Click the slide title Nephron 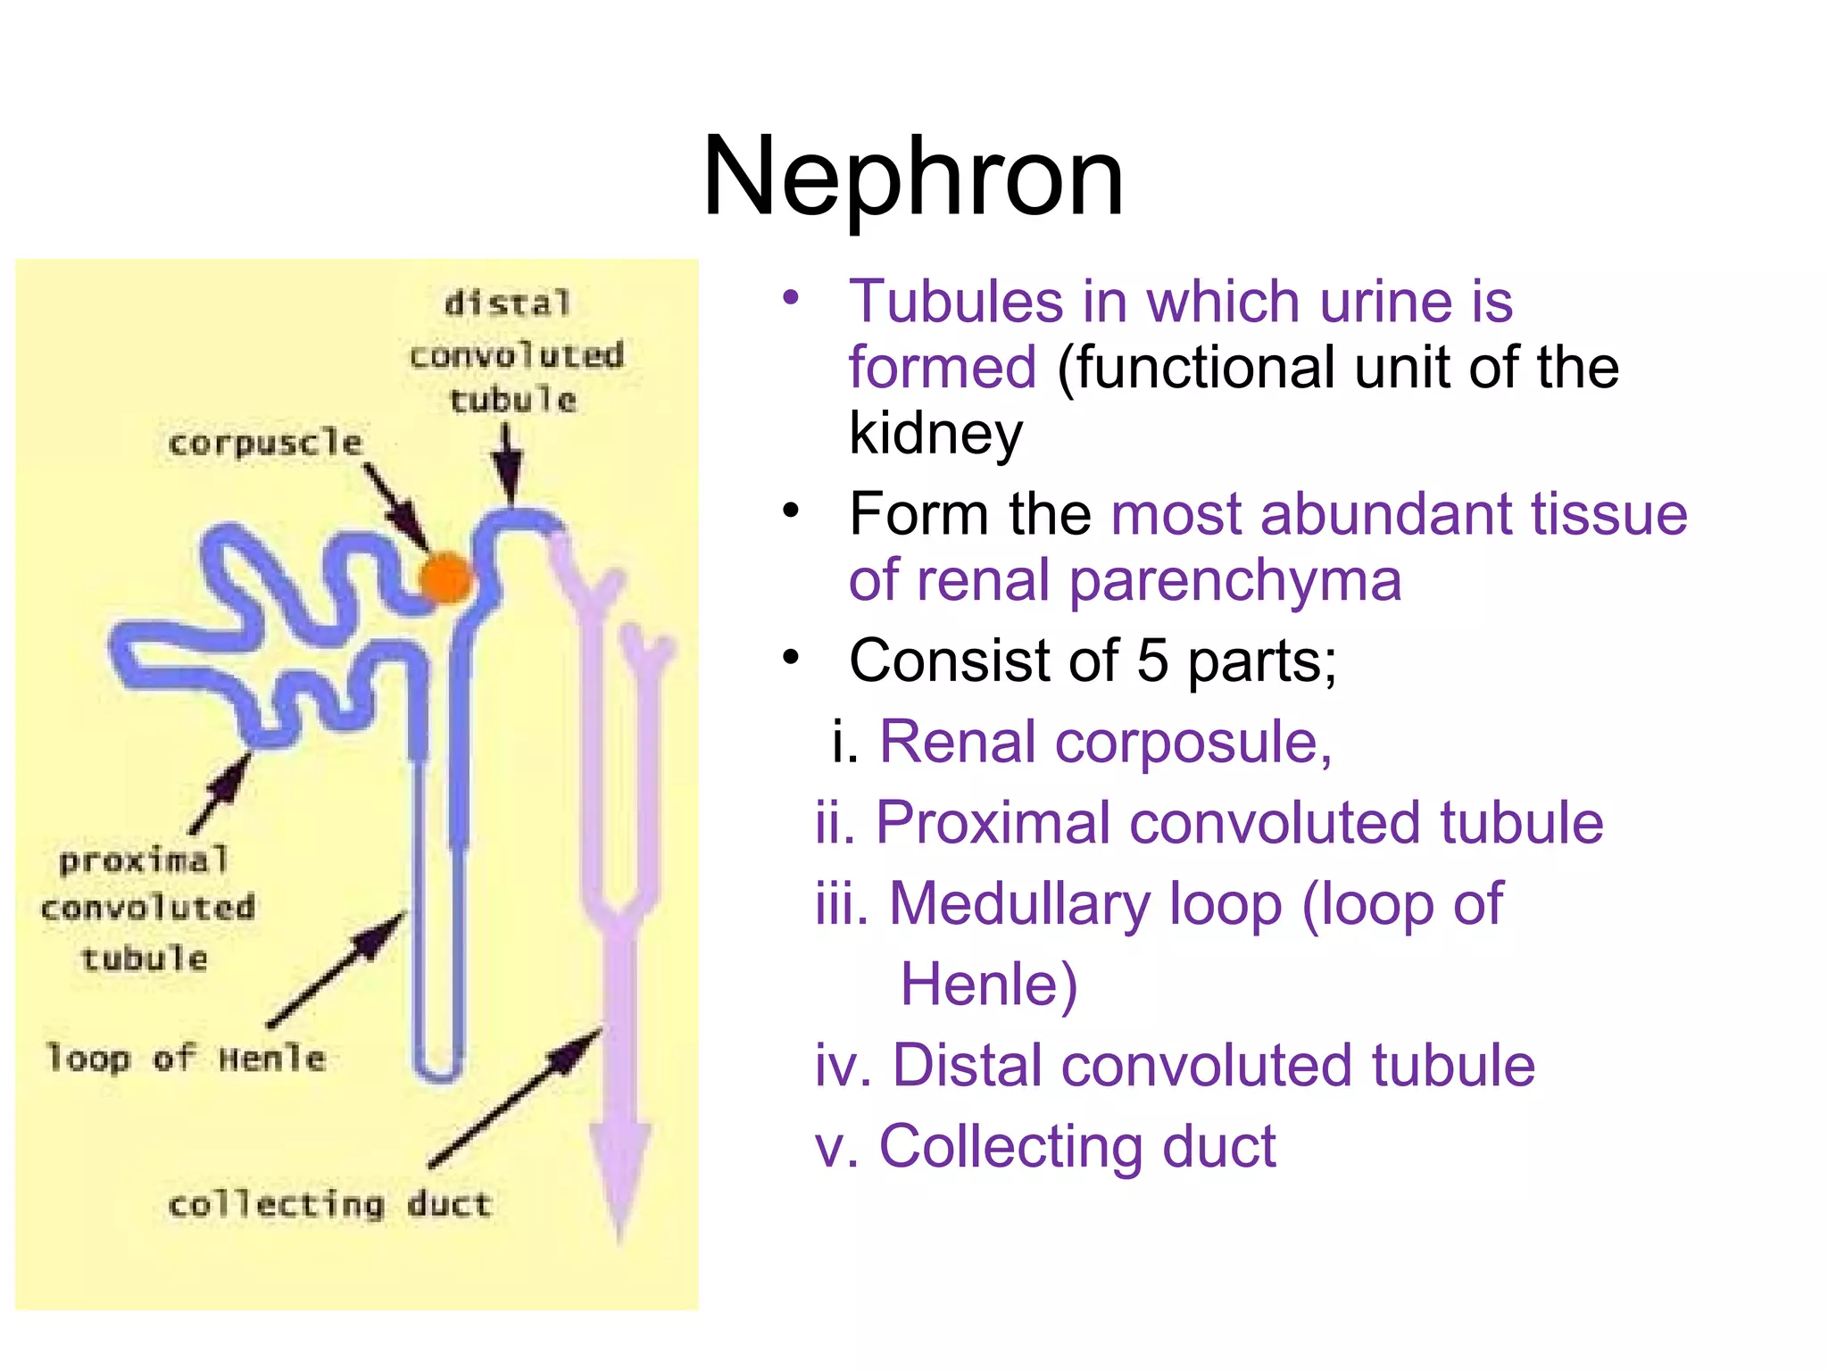point(912,176)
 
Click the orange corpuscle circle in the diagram point(445,578)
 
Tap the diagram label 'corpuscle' point(265,443)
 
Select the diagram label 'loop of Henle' point(186,1059)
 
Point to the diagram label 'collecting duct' point(329,1205)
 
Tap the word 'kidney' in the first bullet point(935,434)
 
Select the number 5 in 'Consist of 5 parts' point(1152,661)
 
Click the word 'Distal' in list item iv point(965,1066)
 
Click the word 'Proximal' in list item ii point(992,823)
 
